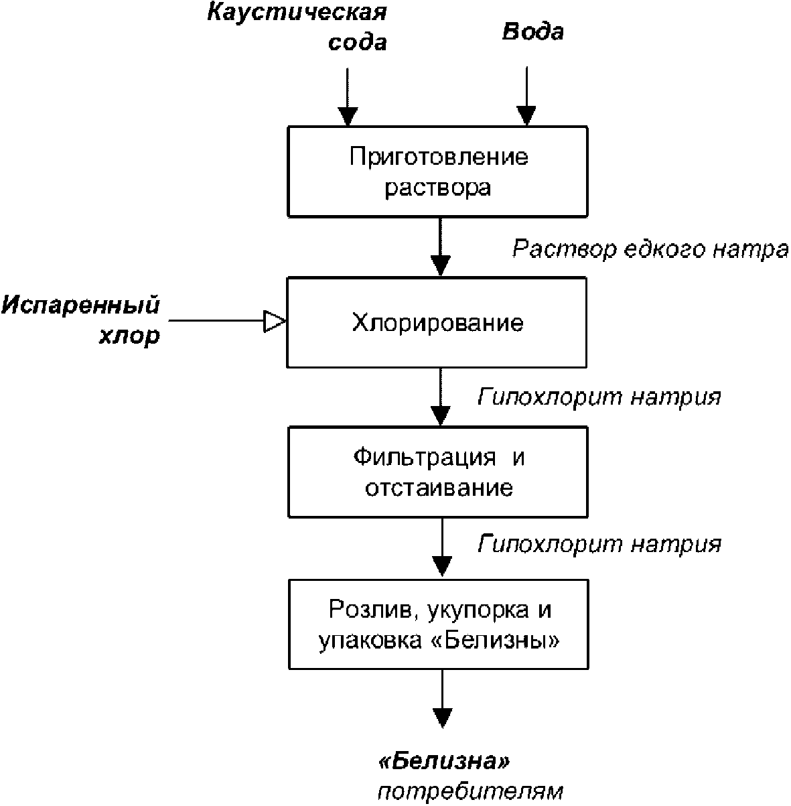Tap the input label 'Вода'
533,31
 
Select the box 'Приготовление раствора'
438,172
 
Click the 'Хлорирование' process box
437,323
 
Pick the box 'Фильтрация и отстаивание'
439,472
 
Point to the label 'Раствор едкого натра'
650,249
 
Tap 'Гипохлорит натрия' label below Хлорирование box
599,397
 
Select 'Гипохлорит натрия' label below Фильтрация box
599,543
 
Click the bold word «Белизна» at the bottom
444,762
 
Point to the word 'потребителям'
470,791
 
